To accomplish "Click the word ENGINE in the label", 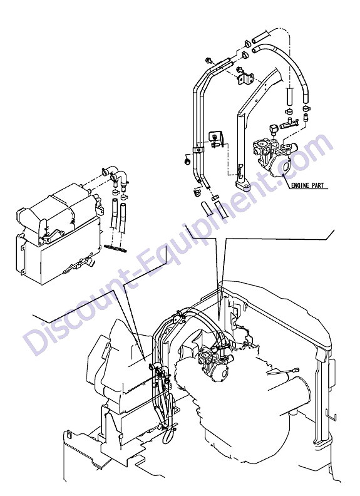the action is pyautogui.click(x=300, y=185).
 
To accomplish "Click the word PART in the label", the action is pyautogui.click(x=317, y=185).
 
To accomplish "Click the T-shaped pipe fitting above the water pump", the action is pyautogui.click(x=289, y=123).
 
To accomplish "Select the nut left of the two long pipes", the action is pyautogui.click(x=187, y=162).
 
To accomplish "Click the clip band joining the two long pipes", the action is pyautogui.click(x=198, y=149).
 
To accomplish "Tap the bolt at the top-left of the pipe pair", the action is pyautogui.click(x=208, y=59).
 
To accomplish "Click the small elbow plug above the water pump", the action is pyautogui.click(x=273, y=129).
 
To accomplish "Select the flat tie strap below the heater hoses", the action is pyautogui.click(x=115, y=248).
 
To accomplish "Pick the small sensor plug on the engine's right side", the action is pyautogui.click(x=296, y=369).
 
